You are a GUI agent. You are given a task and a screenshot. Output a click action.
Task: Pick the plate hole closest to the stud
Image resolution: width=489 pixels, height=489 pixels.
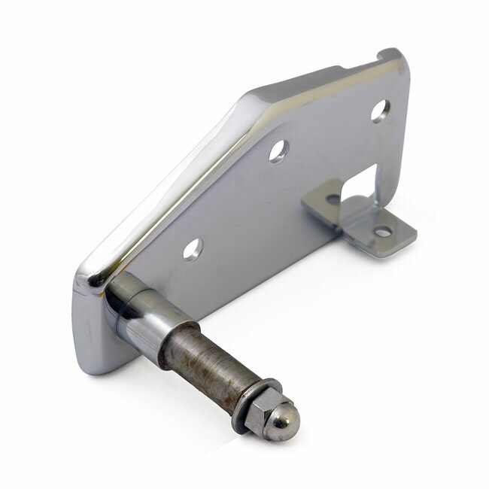click(193, 248)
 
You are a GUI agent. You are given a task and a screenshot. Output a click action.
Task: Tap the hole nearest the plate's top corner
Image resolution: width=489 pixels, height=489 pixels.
click(380, 110)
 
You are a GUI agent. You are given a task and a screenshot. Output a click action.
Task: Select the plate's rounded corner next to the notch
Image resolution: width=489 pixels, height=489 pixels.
click(399, 62)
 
